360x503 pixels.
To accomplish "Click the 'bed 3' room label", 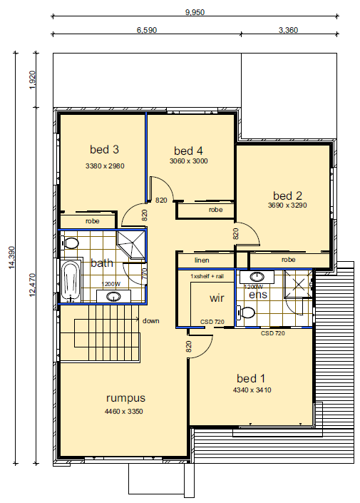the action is tap(104, 150).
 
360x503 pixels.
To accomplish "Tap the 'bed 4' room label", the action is tap(188, 151).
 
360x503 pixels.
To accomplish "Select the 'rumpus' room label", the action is tap(125, 398).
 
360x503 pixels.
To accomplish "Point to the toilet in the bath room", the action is tap(70, 243).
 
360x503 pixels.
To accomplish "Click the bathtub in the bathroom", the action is tap(70, 281).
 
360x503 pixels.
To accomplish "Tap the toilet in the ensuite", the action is tap(245, 312).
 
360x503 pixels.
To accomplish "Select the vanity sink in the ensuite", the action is tap(257, 277).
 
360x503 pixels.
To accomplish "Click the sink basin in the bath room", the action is tap(113, 296).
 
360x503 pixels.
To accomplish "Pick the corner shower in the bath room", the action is tap(130, 245).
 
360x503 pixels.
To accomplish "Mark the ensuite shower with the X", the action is tap(298, 284).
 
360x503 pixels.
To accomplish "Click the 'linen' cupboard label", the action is tap(202, 260).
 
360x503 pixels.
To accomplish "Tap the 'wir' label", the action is tap(217, 298).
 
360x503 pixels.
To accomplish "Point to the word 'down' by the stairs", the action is tap(150, 321).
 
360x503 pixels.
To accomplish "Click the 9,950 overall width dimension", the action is tap(195, 12).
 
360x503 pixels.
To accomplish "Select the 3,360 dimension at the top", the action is tap(288, 30).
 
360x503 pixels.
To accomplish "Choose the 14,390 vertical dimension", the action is tap(12, 258).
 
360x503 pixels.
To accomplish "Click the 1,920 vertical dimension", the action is tap(32, 80).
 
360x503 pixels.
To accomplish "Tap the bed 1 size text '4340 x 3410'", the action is tap(252, 390).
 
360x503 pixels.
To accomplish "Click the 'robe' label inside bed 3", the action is tap(93, 221).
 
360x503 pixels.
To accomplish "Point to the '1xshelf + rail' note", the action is tap(207, 276).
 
